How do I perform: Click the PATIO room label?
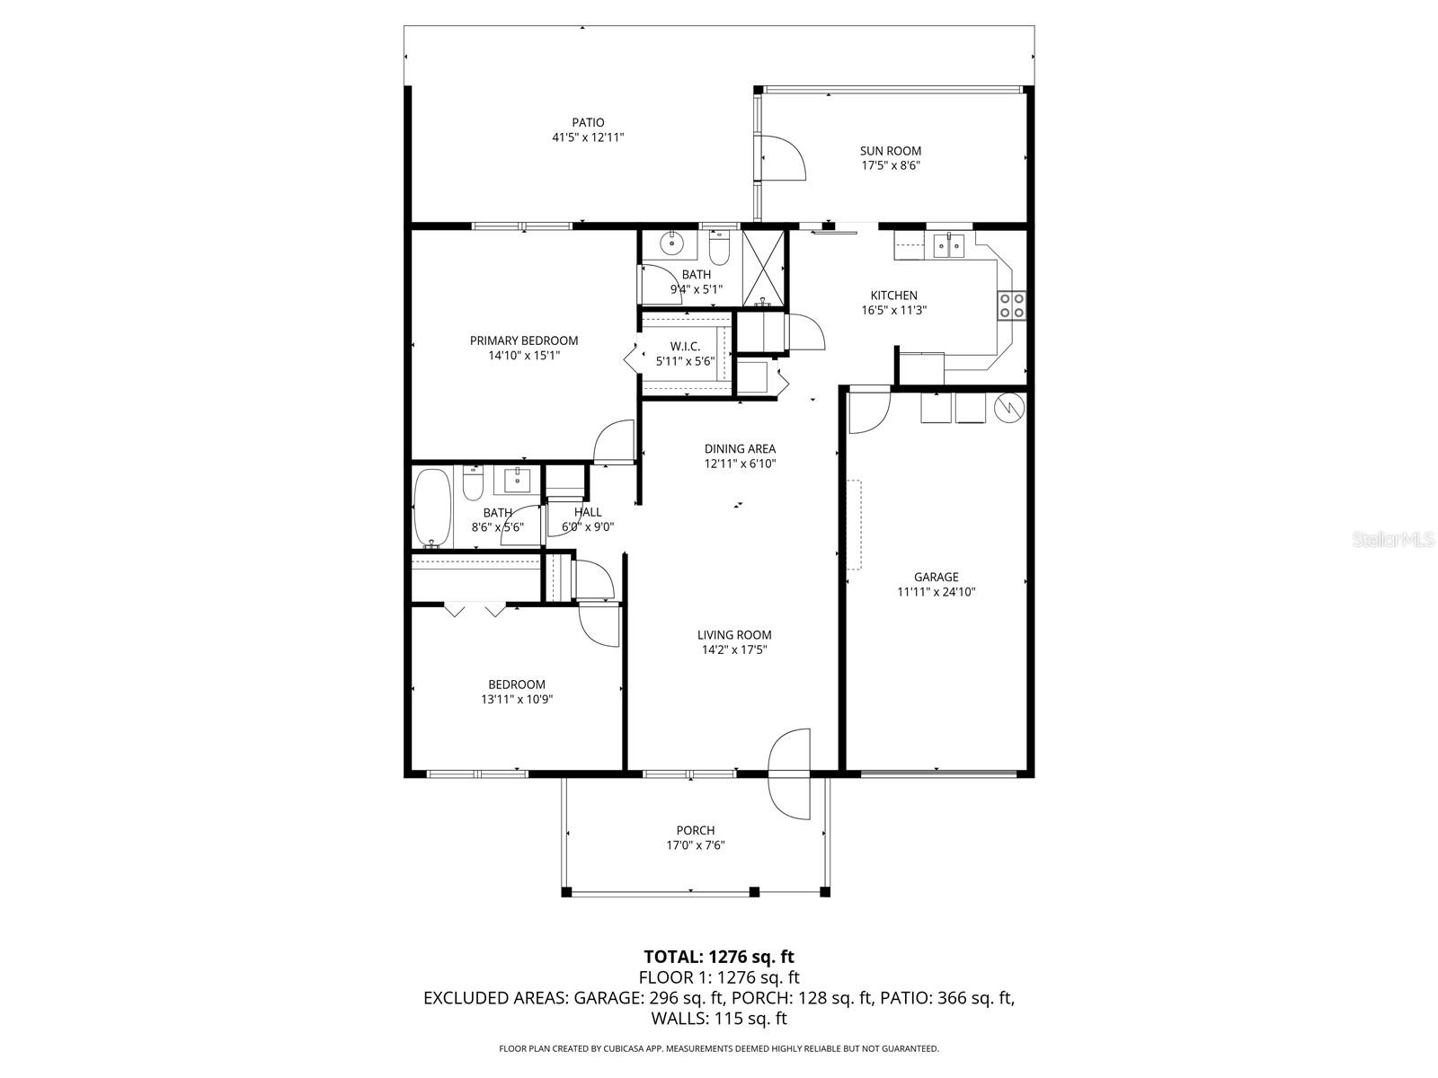tap(588, 122)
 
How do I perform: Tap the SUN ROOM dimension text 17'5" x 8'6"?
tap(890, 165)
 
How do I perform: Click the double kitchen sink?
tap(948, 243)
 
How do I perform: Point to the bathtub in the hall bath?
tap(432, 508)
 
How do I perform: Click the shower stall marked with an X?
tap(762, 265)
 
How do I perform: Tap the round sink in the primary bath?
tap(670, 243)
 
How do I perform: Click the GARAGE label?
tap(936, 577)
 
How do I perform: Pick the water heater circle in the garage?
tap(1009, 408)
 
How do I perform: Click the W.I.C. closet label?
tap(685, 346)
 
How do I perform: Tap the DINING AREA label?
tap(739, 448)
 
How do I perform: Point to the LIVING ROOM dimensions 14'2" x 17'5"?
tap(734, 650)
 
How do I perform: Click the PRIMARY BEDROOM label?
tap(523, 340)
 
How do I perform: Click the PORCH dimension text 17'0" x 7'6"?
tap(695, 845)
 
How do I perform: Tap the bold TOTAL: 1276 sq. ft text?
tap(718, 956)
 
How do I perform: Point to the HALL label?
tap(588, 512)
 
